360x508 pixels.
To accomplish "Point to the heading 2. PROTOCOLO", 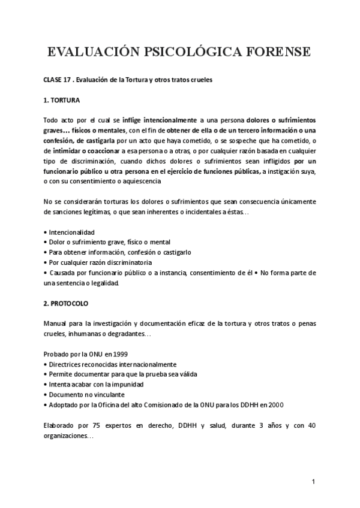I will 67,303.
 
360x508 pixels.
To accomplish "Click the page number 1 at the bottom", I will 314,482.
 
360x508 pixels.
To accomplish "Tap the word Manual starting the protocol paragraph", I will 57,323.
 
